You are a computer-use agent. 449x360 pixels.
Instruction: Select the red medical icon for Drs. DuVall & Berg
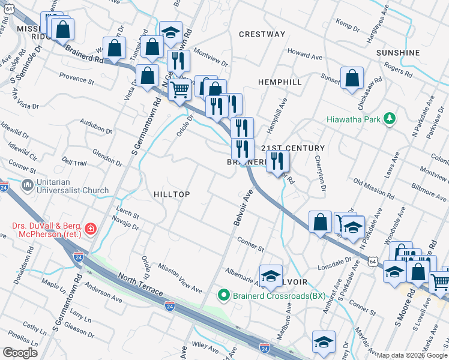point(90,229)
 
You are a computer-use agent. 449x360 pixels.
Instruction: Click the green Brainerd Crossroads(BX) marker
point(223,295)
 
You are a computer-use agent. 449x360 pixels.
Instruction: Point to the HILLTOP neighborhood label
point(172,194)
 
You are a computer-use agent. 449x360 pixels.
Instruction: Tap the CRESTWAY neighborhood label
point(262,34)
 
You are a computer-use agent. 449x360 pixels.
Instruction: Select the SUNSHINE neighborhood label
point(398,53)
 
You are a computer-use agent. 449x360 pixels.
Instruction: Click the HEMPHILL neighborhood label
point(279,81)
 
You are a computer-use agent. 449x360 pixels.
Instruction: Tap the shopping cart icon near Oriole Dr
point(180,90)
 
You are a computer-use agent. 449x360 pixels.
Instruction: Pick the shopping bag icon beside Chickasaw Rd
point(352,77)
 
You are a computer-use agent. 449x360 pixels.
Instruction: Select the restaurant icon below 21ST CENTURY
point(277,160)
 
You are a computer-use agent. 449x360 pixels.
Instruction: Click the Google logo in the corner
point(20,352)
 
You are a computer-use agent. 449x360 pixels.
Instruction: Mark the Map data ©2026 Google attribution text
point(412,355)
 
